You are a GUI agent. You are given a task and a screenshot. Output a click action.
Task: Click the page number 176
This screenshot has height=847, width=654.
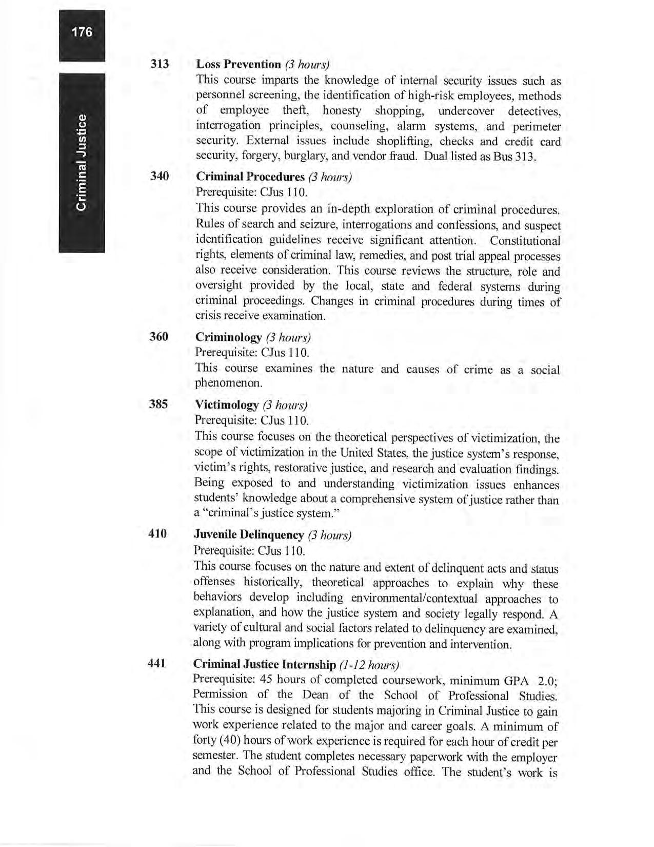pos(82,32)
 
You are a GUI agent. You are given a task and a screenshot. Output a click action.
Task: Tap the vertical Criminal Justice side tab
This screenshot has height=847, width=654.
pos(82,163)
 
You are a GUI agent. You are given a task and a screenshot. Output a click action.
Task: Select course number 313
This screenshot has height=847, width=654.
pos(160,64)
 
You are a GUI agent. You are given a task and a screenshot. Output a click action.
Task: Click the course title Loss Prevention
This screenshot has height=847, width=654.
pos(239,64)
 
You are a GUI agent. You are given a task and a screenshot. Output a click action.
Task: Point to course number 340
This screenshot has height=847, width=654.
pos(160,177)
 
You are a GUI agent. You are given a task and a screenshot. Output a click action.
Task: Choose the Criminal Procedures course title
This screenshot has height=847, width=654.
pos(250,177)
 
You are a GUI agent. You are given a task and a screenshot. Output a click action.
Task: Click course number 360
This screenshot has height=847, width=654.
pos(159,337)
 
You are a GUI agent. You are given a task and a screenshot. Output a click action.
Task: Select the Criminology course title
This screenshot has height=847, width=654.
pos(229,337)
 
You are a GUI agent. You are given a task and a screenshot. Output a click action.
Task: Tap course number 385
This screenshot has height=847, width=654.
pos(158,404)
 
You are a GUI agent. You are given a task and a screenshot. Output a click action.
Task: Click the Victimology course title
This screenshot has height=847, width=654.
pos(227,405)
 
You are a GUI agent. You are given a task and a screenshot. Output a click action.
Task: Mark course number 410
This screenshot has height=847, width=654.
pos(157,534)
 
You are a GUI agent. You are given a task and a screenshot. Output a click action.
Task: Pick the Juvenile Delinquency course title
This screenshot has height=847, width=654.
pos(249,535)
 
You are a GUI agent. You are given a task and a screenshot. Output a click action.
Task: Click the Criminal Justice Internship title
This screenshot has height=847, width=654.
pos(264,665)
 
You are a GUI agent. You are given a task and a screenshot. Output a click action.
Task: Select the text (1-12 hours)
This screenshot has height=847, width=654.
pos(369,665)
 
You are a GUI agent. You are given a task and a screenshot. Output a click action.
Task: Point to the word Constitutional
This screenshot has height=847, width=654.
pos(525,241)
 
